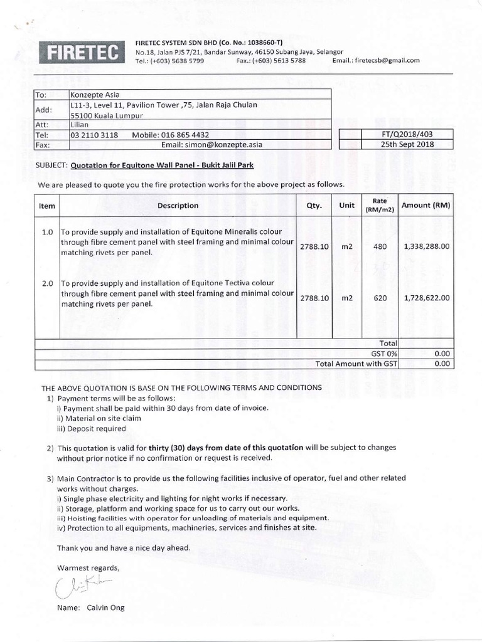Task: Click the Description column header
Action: (178, 205)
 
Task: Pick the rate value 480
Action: (380, 247)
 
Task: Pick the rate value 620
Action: (380, 298)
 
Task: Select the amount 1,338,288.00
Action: (427, 247)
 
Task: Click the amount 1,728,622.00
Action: (427, 298)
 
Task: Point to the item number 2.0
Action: (47, 283)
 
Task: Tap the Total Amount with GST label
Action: (356, 363)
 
